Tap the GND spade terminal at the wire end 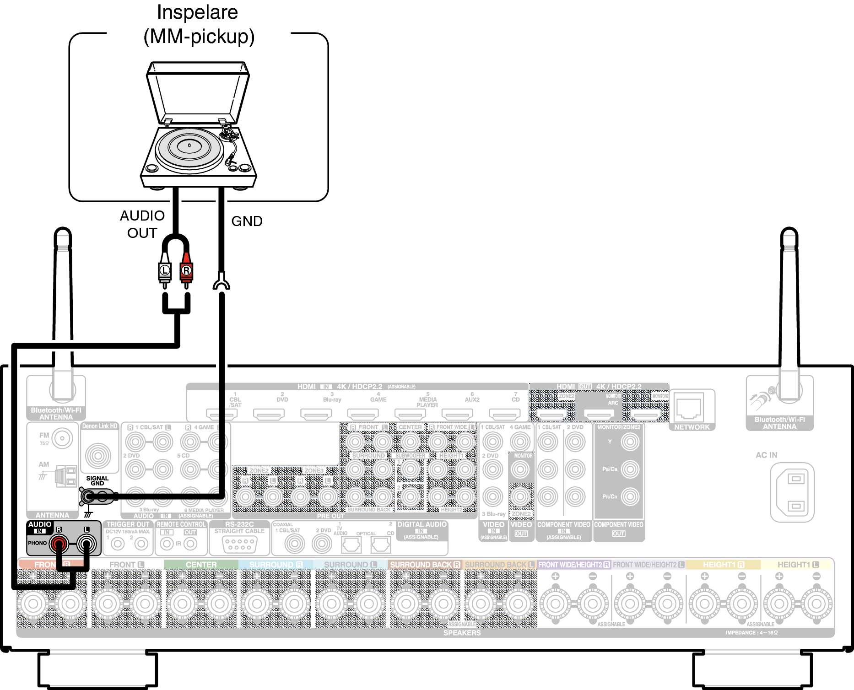point(222,282)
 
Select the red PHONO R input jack point(59,544)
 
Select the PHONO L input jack point(86,544)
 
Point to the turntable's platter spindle point(189,146)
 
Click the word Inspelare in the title point(197,12)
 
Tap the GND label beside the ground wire point(247,221)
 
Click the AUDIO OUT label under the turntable point(142,224)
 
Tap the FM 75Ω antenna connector point(62,439)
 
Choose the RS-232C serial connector point(239,544)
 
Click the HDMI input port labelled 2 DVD point(269,414)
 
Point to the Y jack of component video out point(630,442)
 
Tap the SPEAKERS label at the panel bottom point(462,633)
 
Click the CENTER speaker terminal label point(201,565)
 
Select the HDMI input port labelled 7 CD point(504,414)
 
